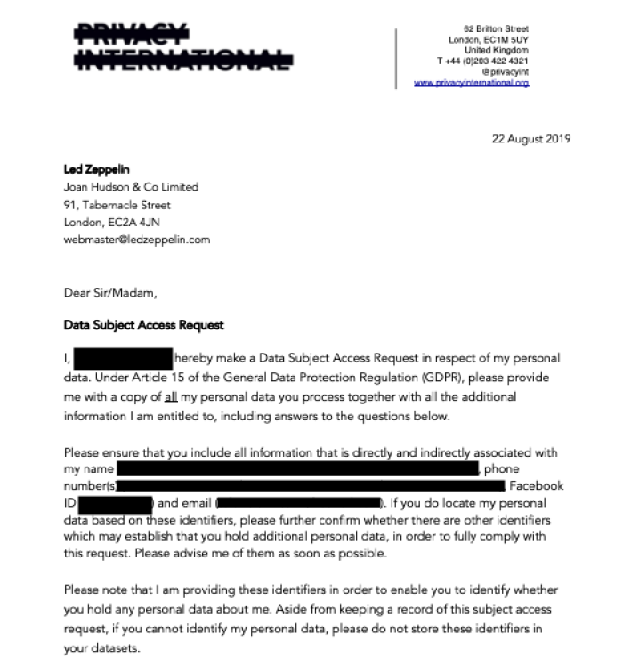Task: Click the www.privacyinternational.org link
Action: tap(471, 83)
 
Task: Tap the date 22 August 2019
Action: tap(530, 138)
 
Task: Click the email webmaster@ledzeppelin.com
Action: tap(137, 240)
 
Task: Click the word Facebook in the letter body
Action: tap(536, 486)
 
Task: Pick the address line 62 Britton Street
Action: tap(496, 29)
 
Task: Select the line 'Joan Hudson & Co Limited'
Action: tap(131, 187)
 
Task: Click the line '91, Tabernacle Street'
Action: tap(117, 205)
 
